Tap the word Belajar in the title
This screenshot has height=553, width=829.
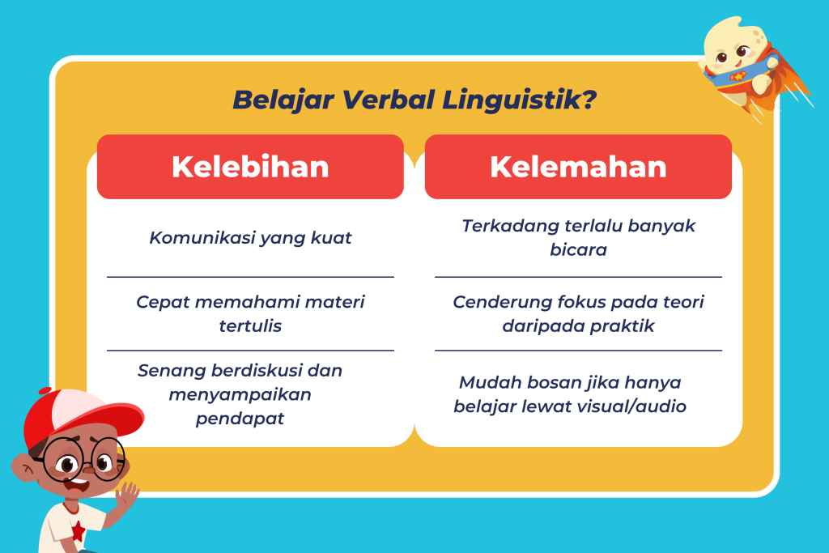[x=283, y=100]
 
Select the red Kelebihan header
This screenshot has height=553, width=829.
[x=250, y=167]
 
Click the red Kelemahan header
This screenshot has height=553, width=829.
[x=578, y=167]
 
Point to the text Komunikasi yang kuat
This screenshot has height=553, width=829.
[x=250, y=238]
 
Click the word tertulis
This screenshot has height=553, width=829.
[x=250, y=325]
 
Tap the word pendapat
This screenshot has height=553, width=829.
[x=240, y=419]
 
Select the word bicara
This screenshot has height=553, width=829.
[x=578, y=249]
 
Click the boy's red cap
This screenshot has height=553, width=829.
[x=79, y=415]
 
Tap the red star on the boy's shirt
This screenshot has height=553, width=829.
[x=78, y=531]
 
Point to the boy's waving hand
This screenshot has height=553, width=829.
[x=127, y=496]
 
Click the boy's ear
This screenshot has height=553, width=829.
[x=23, y=467]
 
